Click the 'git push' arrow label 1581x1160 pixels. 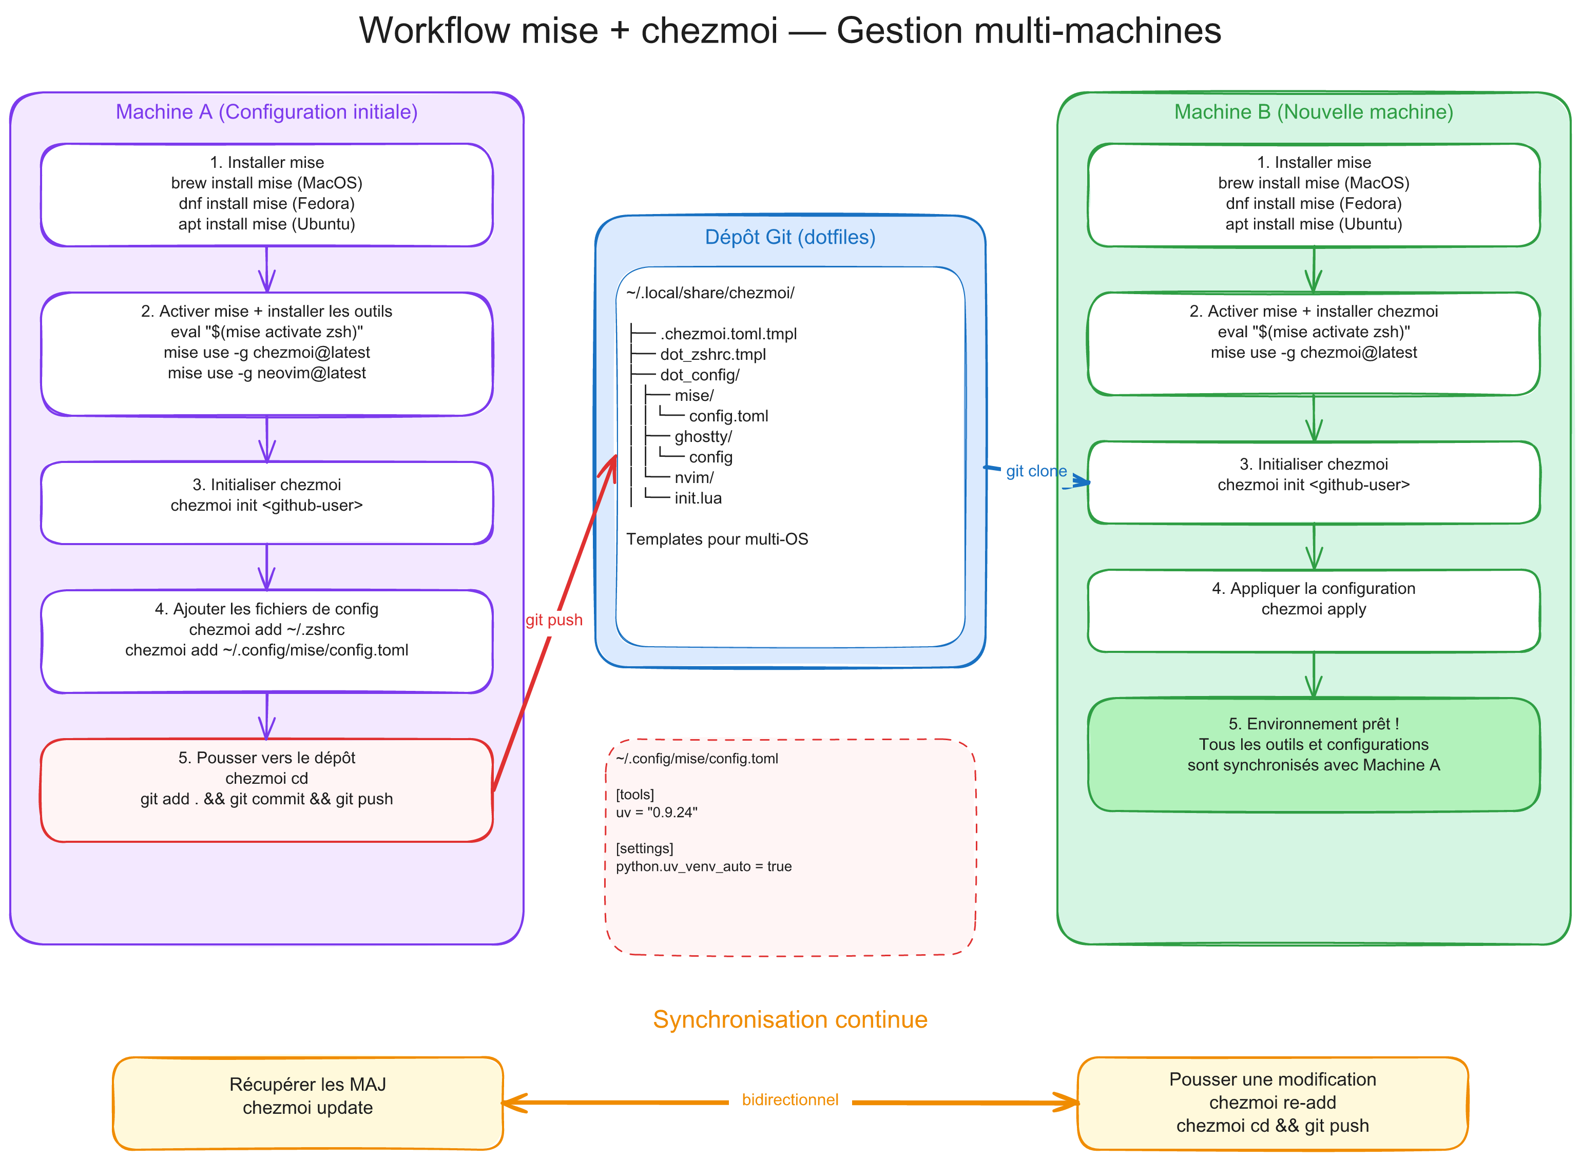tap(553, 620)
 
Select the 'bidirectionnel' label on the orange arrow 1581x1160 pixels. tap(790, 1099)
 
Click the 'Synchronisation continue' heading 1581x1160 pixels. tap(790, 1019)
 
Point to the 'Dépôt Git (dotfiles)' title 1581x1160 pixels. tap(790, 237)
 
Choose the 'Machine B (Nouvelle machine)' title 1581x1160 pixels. tap(1313, 112)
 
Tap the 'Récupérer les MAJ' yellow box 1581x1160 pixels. tap(307, 1103)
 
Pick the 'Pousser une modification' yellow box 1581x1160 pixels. tap(1272, 1103)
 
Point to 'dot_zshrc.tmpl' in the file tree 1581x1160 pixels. tap(712, 355)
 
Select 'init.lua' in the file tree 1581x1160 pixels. tap(697, 498)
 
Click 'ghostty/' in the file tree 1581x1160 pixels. tap(703, 437)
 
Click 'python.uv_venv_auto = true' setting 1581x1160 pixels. tap(703, 866)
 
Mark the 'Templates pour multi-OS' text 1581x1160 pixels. tap(717, 539)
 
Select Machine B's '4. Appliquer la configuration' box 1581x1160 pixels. tap(1313, 609)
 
